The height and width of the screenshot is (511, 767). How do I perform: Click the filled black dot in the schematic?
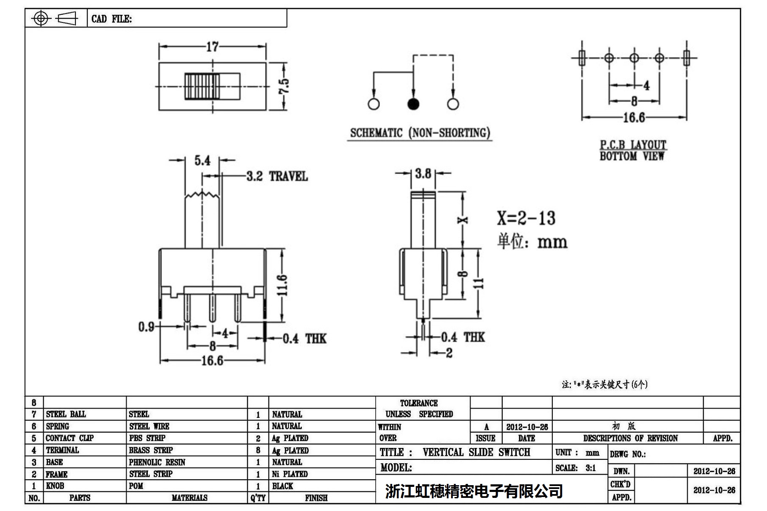413,104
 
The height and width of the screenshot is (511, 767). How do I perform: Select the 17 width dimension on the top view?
212,47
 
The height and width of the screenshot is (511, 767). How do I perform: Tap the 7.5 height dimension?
285,86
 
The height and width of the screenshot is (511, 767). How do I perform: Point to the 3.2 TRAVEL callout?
277,176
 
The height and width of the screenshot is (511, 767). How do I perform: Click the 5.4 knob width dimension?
202,160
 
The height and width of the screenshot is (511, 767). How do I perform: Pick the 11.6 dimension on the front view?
283,285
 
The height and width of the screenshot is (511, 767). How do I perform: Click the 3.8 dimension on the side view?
423,173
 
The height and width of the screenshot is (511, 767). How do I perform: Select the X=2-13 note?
526,218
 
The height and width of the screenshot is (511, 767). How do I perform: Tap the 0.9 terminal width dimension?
146,327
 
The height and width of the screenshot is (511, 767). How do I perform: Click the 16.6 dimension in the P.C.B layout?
634,117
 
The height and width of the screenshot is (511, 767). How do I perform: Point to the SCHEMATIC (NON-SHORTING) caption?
420,133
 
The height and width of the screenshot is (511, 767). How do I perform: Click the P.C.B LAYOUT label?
633,145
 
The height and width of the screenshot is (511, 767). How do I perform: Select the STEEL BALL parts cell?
66,414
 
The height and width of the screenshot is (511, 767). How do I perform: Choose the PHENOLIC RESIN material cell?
157,462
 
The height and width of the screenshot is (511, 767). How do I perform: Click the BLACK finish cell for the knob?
282,486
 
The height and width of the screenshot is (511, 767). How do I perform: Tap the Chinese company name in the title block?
474,491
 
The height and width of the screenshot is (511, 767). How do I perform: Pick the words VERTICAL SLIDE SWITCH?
476,452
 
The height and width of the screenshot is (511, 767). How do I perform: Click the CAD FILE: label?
111,19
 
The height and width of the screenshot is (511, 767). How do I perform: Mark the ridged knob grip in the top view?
202,86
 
